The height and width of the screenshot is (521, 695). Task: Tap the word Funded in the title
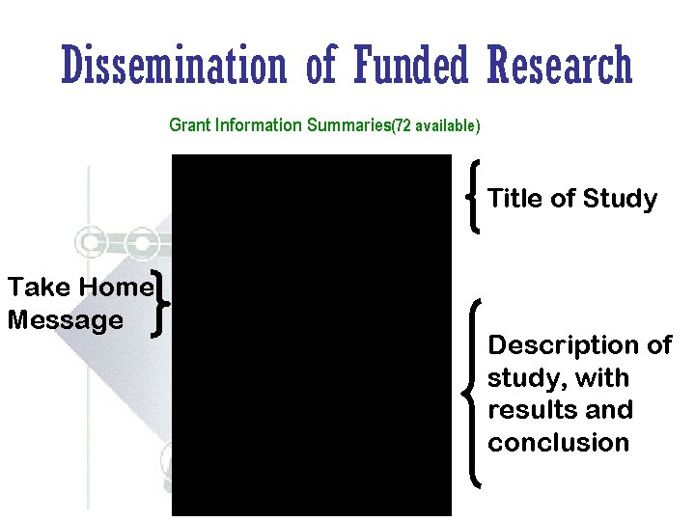409,66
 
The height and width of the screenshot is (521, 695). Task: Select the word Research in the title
560,66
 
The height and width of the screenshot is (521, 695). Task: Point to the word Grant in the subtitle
189,124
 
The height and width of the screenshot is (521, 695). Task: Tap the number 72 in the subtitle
403,125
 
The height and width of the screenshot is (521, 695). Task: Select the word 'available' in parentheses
446,125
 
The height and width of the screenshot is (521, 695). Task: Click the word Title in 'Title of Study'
514,199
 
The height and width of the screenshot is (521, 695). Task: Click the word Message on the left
65,319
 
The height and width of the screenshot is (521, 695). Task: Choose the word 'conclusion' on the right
558,443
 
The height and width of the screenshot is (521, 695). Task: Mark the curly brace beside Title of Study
475,197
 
